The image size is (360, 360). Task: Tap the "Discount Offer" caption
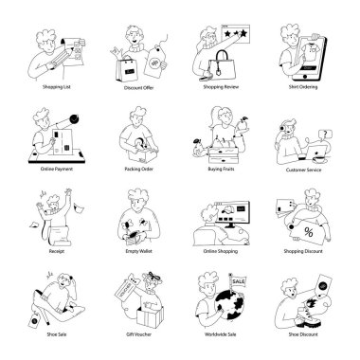[139, 92]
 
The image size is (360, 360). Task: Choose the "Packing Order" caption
[139, 171]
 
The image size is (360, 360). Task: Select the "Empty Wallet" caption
[139, 253]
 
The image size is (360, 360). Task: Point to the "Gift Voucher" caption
[139, 333]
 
